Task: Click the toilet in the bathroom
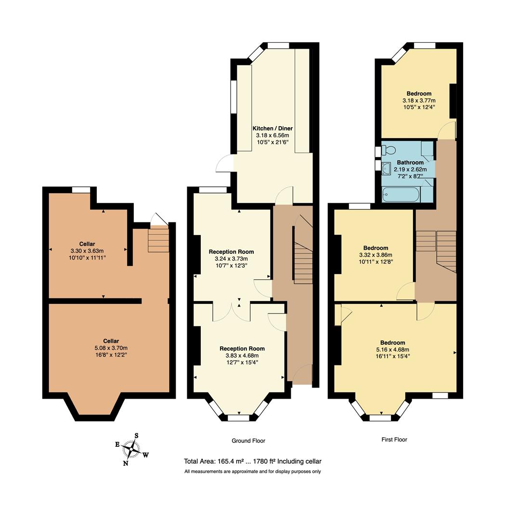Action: [x=388, y=150]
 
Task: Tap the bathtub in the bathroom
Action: [x=400, y=195]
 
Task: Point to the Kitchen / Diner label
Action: [x=272, y=129]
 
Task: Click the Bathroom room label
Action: [x=410, y=163]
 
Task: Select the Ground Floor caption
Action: [x=248, y=441]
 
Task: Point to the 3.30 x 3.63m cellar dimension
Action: [x=88, y=250]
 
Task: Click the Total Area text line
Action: [x=252, y=461]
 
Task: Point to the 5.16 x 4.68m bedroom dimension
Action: [x=392, y=350]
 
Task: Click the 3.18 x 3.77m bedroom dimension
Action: [x=418, y=101]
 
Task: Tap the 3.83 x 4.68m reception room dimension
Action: [x=242, y=356]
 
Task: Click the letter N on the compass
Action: [x=126, y=464]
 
